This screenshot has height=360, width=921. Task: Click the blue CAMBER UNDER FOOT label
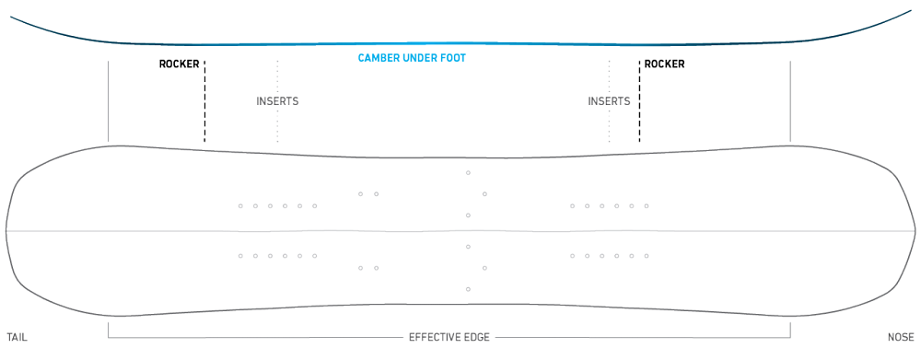[412, 58]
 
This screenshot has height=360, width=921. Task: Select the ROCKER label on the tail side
[180, 64]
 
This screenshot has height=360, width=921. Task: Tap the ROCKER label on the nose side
[664, 64]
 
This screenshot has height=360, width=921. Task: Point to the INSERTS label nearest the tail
[277, 101]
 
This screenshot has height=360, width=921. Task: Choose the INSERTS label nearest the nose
[609, 101]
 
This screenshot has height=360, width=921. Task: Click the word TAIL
[17, 338]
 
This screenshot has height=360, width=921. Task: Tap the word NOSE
[901, 338]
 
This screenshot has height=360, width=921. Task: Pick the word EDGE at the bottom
[477, 338]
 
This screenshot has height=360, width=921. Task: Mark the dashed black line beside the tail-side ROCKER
[204, 101]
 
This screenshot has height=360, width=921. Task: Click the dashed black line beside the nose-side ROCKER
[639, 101]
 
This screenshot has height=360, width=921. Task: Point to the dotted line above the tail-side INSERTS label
[277, 76]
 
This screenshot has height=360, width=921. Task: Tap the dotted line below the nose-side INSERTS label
[609, 125]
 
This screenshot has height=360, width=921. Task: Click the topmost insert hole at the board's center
[468, 173]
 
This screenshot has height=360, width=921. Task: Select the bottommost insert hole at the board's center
[468, 289]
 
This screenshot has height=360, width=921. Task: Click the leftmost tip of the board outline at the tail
[6, 231]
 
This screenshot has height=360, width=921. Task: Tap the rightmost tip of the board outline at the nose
[915, 231]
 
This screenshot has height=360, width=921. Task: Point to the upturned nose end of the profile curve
[911, 10]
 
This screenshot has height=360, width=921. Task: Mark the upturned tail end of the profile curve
[11, 17]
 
